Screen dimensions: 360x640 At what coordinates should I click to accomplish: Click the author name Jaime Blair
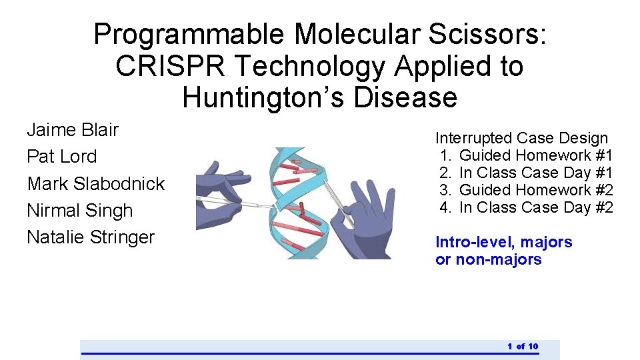(73, 129)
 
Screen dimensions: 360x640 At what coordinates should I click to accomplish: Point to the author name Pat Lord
(61, 157)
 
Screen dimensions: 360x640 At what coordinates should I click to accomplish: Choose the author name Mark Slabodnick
(95, 183)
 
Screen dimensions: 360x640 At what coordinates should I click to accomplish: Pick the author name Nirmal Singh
(80, 211)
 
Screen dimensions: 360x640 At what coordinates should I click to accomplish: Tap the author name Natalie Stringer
(91, 237)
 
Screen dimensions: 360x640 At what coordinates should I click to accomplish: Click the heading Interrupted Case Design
(521, 138)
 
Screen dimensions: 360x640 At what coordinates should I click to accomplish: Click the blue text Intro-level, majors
(503, 242)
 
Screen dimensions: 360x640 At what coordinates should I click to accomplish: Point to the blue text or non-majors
(488, 259)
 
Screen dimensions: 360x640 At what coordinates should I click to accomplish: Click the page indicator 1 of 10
(523, 346)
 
